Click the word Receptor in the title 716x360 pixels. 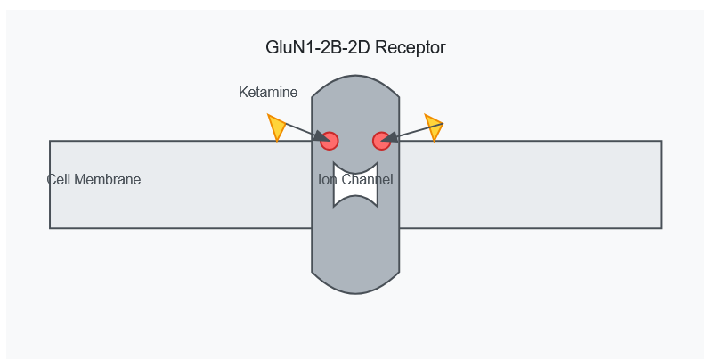pyautogui.click(x=411, y=48)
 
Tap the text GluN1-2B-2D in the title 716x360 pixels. pyautogui.click(x=317, y=48)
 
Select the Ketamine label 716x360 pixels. pyautogui.click(x=268, y=92)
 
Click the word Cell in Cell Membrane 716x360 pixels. pyautogui.click(x=59, y=179)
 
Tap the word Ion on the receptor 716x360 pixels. pyautogui.click(x=328, y=179)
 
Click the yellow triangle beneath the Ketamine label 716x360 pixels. pyautogui.click(x=277, y=127)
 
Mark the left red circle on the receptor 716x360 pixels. pyautogui.click(x=330, y=141)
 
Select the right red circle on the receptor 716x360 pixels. pyautogui.click(x=381, y=141)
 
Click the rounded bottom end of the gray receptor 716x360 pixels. pyautogui.click(x=355, y=283)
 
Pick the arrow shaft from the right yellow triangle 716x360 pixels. pyautogui.click(x=417, y=131)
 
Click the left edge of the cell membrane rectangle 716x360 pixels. pyautogui.click(x=50, y=205)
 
